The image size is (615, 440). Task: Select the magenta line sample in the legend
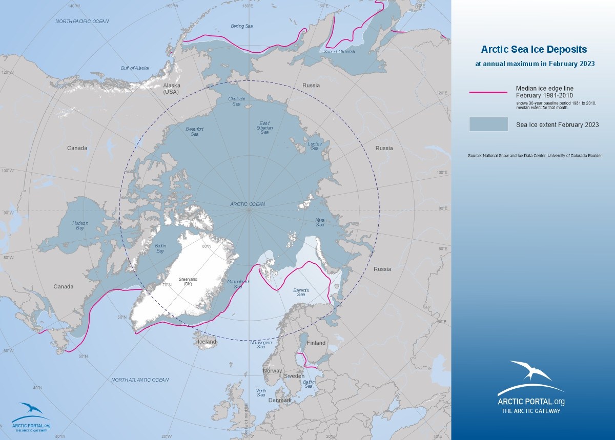point(488,92)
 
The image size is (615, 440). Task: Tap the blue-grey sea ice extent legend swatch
point(488,124)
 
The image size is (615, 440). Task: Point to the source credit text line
point(535,155)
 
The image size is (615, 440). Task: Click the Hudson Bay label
point(80,226)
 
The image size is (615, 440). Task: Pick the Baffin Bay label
point(160,248)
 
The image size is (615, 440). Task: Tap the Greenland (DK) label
point(188,281)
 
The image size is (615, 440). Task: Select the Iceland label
point(208,342)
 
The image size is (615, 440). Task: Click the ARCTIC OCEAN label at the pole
point(248,204)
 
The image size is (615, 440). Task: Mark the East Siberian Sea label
point(264,128)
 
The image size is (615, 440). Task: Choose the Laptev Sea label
point(314,146)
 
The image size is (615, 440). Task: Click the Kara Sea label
point(320,222)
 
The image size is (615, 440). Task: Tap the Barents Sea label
point(300,292)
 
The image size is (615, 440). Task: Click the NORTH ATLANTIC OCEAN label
point(140,380)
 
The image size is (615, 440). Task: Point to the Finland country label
point(316,343)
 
